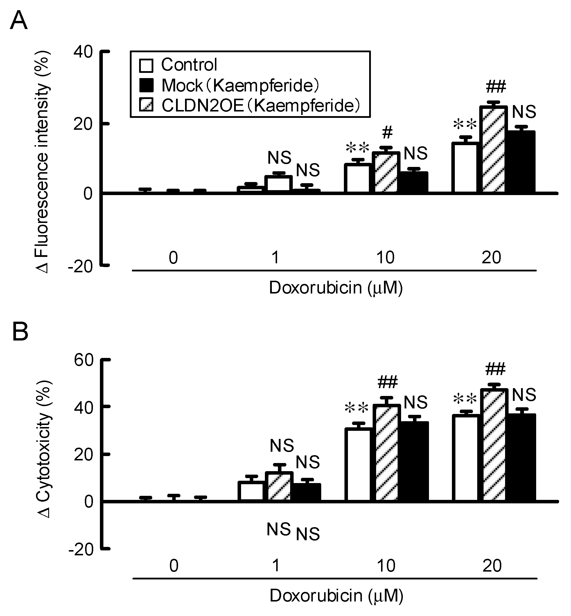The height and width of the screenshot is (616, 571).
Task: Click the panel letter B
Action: pos(20,332)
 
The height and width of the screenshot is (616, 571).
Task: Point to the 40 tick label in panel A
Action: pos(83,52)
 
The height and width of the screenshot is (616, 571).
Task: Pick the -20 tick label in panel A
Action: pos(81,266)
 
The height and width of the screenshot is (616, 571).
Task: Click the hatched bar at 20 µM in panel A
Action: pos(493,150)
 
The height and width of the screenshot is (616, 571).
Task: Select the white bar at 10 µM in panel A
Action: pos(357,178)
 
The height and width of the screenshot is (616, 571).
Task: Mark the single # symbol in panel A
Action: pos(387,133)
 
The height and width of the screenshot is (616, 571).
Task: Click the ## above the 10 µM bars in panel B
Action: pos(387,383)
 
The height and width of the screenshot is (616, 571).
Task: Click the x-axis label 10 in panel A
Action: pos(385,257)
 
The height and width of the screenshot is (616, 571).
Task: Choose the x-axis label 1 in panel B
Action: pos(276,566)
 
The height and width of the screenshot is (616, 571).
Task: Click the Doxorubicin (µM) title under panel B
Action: pos(336,596)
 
